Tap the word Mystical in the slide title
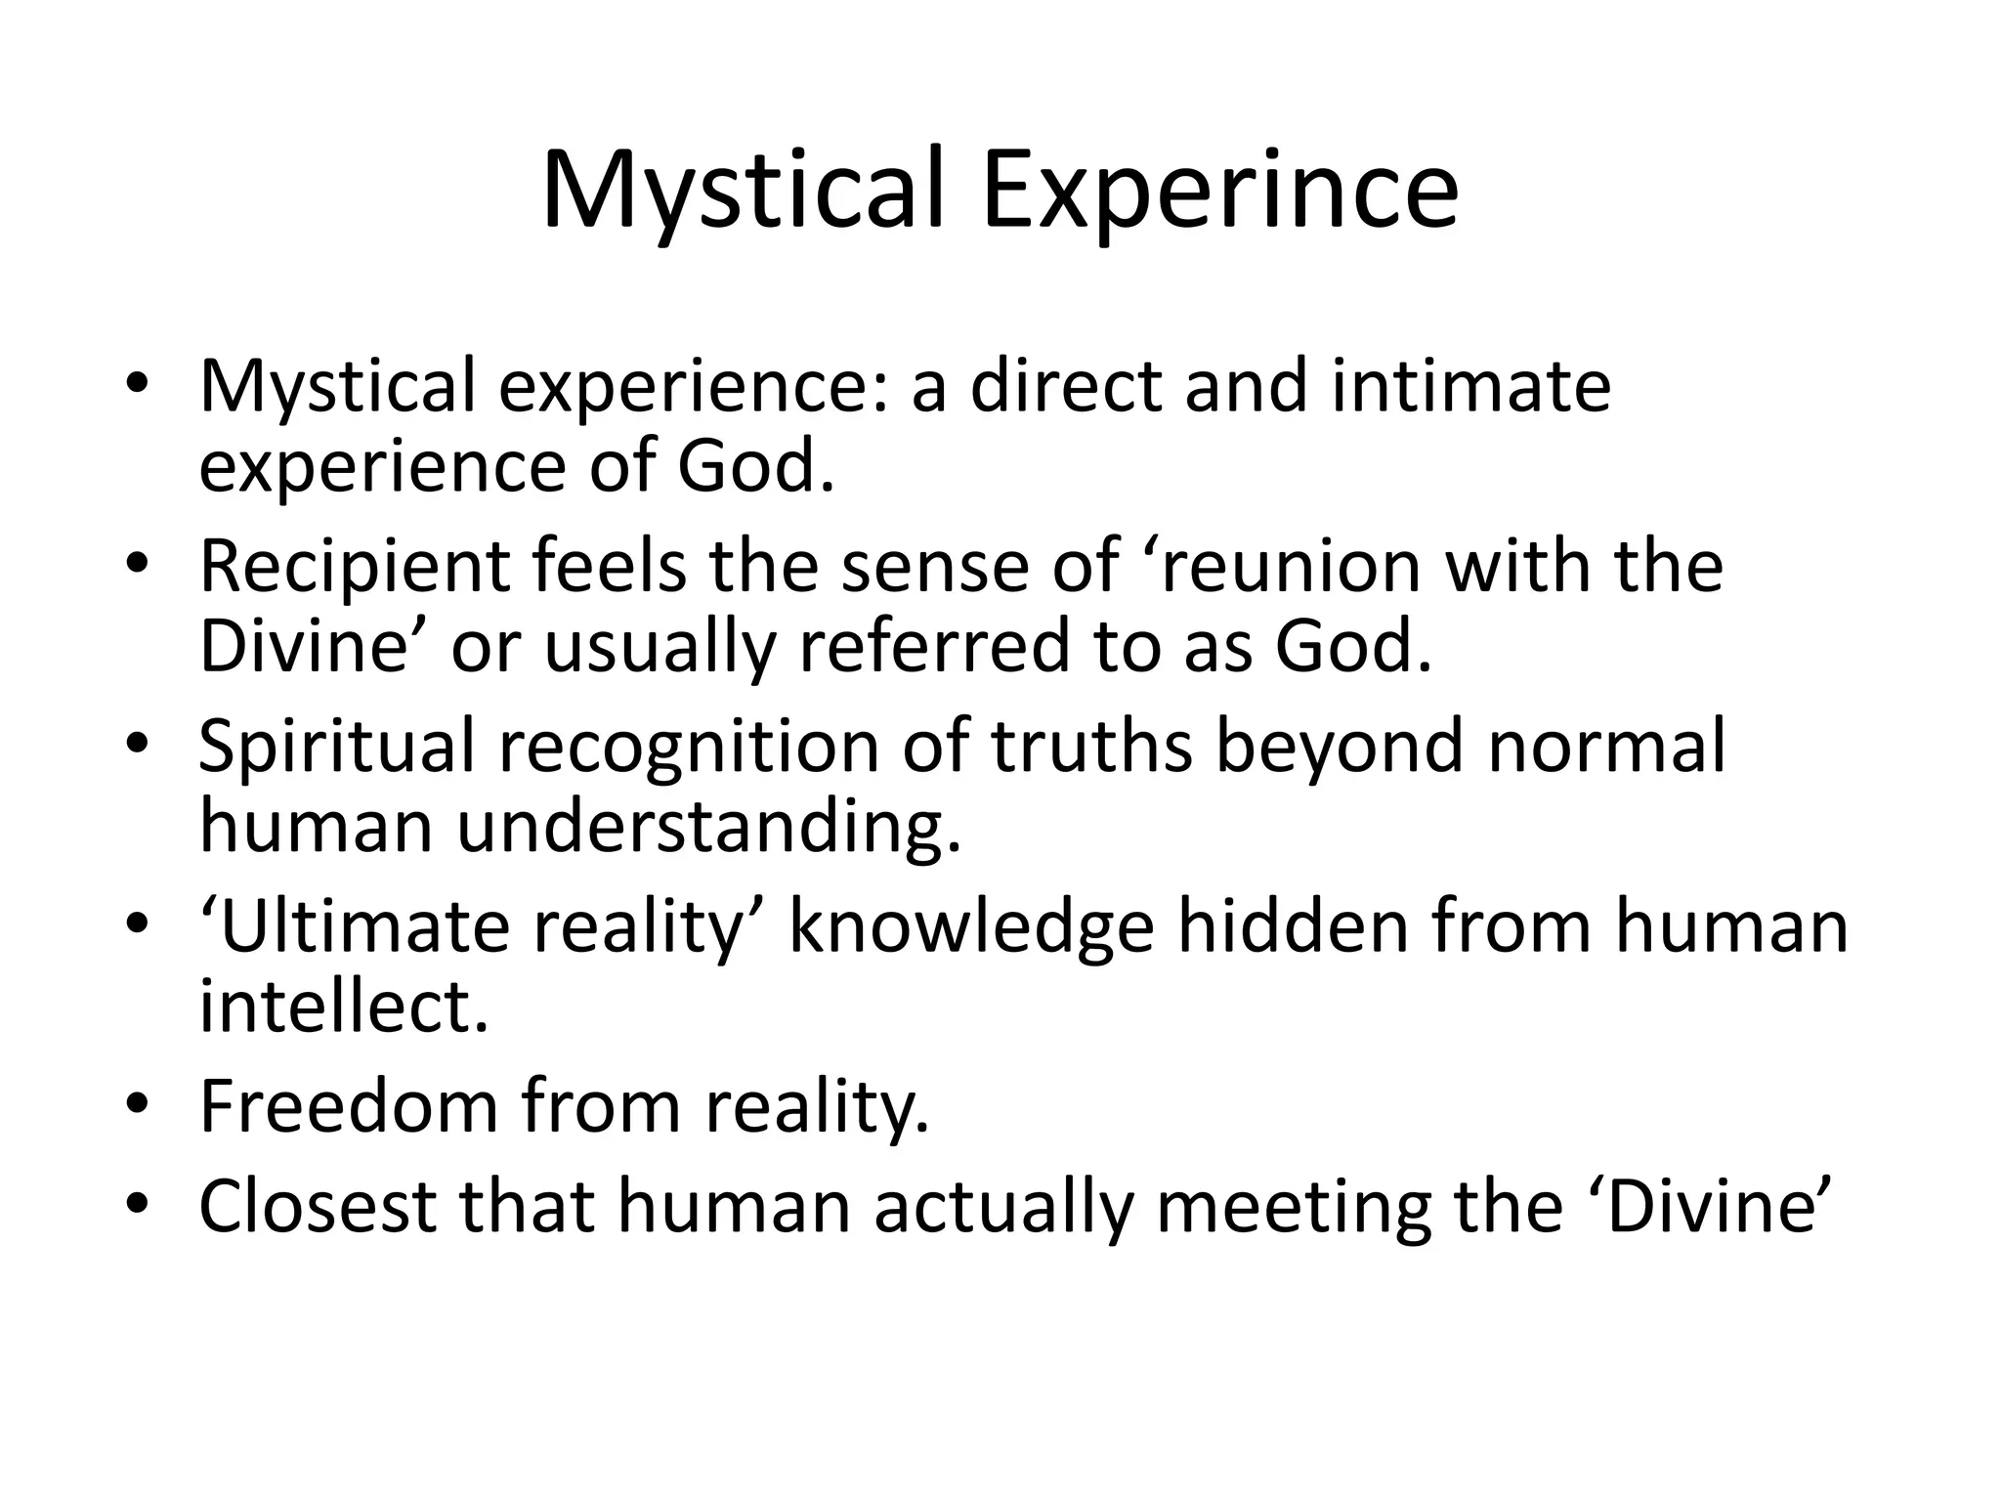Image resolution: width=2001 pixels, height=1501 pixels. click(743, 190)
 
